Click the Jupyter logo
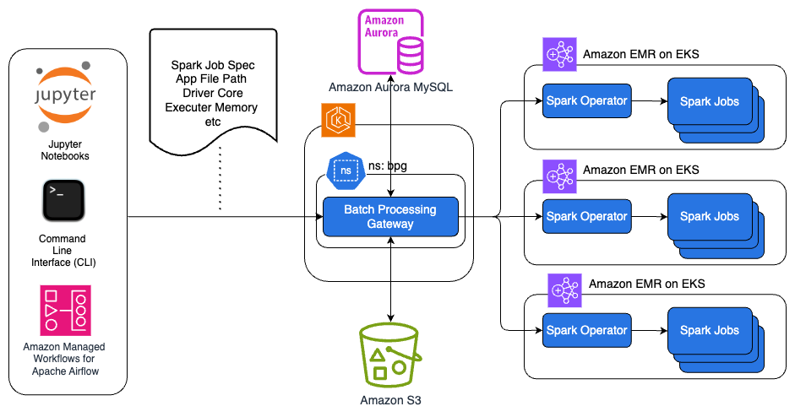65,95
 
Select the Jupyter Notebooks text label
65,150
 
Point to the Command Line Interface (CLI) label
63,252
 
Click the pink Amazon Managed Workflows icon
65,310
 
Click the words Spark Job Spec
213,65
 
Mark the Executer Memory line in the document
211,108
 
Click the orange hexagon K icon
336,120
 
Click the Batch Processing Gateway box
390,217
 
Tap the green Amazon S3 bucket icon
390,355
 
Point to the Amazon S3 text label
390,400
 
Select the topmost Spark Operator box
586,101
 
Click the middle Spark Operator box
586,216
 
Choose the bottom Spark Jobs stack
712,334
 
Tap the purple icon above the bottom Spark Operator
565,290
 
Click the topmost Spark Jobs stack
712,105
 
